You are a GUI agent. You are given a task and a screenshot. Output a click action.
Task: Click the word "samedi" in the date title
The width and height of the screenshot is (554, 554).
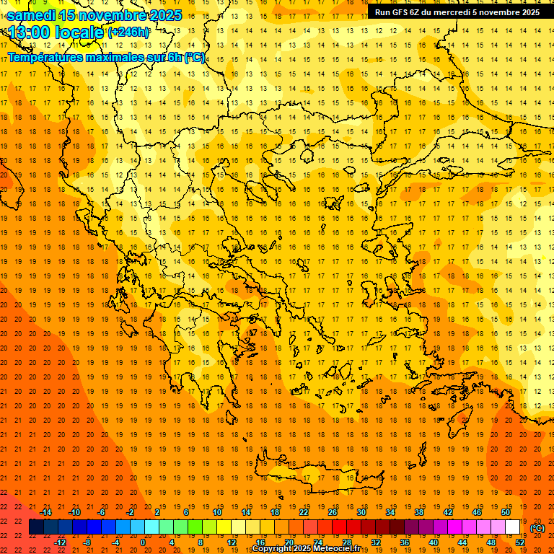point(32,15)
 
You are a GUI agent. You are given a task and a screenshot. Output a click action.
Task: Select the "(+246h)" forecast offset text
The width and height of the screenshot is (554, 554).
point(128,32)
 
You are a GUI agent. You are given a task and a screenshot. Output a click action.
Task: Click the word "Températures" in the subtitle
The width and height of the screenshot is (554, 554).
point(50,57)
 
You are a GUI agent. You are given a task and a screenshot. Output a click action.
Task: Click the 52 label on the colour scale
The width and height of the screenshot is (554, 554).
point(520,542)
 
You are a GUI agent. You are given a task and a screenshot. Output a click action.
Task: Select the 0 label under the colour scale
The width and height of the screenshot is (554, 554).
point(143,542)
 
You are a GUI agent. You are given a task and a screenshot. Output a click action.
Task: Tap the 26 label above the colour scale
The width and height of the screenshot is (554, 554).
point(333,512)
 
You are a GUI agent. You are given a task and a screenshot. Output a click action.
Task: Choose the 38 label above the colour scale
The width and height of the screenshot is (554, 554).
point(419,512)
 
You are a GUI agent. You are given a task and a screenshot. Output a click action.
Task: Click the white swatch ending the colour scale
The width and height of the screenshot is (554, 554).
point(513,527)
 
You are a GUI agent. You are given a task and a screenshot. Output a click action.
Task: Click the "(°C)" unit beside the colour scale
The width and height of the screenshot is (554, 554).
point(537,528)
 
